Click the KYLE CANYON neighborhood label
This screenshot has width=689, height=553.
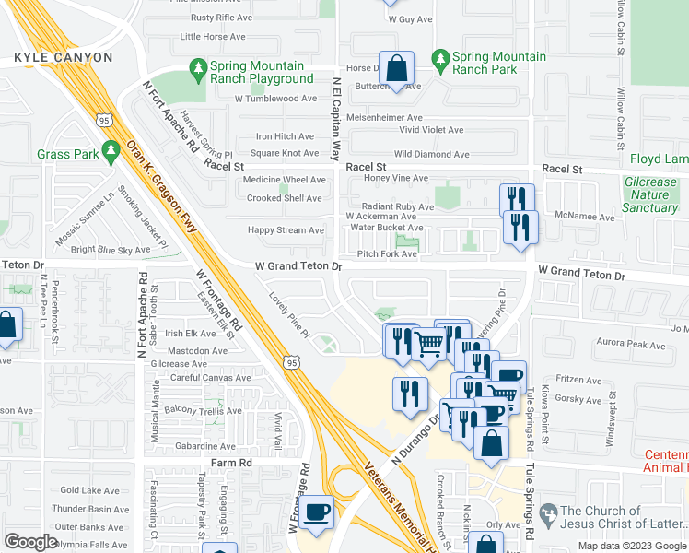pos(64,57)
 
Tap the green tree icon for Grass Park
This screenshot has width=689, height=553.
pos(111,148)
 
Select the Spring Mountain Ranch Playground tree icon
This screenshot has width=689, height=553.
pos(197,68)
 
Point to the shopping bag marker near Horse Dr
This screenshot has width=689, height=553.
pos(396,68)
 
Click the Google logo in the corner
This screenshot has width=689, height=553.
pos(30,542)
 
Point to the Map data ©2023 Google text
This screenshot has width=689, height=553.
pos(633,546)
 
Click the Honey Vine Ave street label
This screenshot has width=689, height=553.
pos(397,178)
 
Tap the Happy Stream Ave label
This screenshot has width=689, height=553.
pos(286,230)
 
